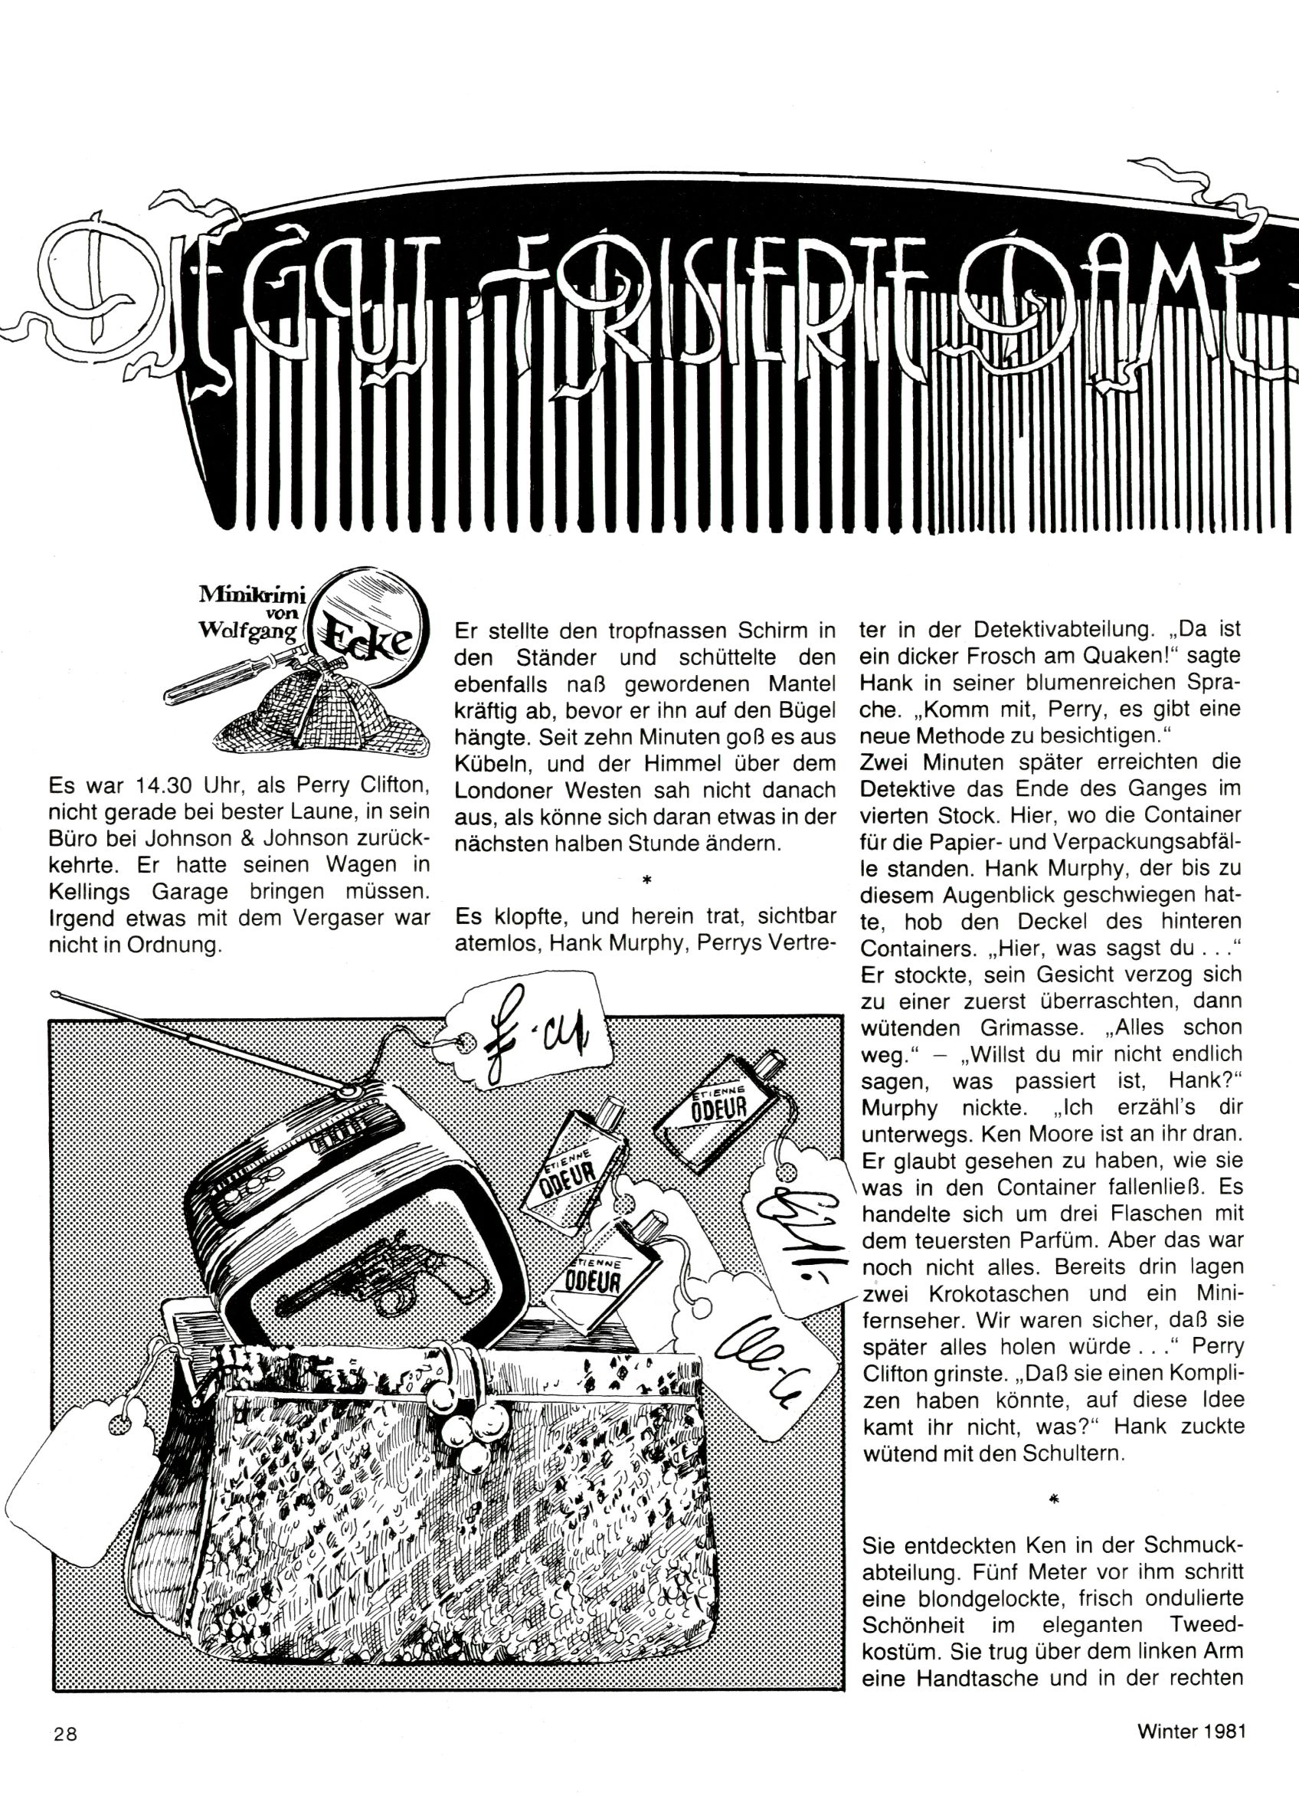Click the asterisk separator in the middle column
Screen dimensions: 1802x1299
[646, 880]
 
